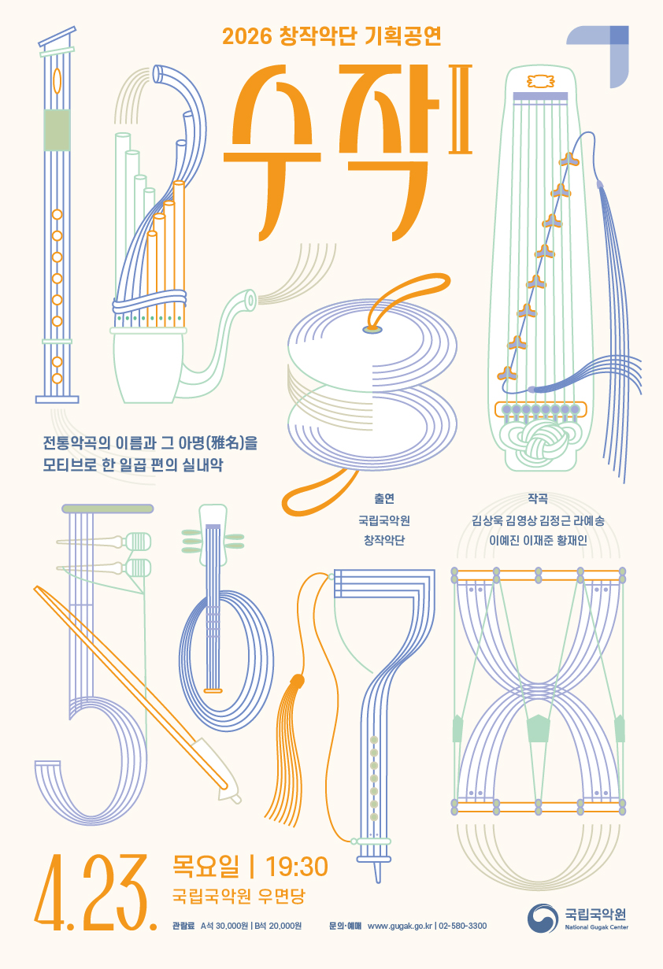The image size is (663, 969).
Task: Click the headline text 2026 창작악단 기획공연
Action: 331,36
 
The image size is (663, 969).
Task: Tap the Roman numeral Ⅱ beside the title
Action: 460,109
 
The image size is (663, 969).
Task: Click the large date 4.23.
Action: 95,893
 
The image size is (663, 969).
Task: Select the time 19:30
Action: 297,867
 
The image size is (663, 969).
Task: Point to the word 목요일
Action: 206,866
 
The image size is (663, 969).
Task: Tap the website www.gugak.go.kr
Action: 399,926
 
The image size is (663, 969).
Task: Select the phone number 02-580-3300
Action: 463,926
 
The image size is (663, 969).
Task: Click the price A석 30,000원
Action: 224,926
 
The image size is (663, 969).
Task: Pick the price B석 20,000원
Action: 278,926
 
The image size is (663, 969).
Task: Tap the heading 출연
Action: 384,499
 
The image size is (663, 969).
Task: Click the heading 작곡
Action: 538,499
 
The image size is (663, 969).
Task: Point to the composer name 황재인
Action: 572,540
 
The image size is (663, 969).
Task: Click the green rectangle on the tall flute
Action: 57,130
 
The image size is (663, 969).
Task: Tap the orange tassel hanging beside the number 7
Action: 287,750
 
